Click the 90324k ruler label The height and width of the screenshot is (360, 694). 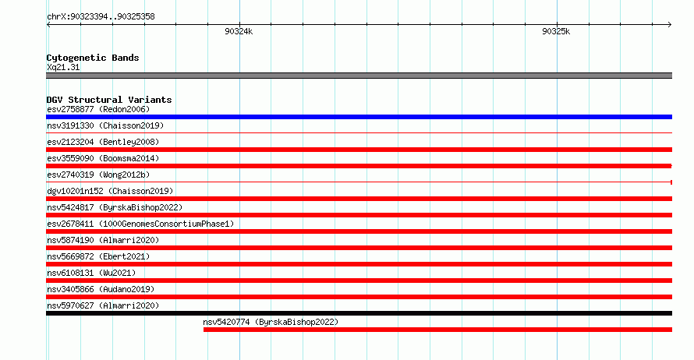239,31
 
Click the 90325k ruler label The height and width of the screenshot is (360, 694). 556,31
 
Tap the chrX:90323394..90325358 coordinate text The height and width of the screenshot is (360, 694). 101,17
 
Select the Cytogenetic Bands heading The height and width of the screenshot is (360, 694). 93,58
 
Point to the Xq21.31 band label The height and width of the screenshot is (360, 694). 63,67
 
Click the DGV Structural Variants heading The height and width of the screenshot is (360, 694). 109,100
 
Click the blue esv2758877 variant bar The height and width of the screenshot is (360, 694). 359,117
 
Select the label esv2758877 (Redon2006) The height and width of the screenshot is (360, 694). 98,109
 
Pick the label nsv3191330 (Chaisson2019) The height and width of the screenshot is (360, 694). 105,125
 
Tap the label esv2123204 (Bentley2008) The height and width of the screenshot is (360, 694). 103,142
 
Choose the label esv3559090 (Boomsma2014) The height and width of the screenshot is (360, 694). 103,158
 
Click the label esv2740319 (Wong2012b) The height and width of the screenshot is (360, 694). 98,175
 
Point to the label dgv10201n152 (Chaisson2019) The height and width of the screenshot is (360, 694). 110,191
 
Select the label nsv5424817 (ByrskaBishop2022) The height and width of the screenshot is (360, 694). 115,207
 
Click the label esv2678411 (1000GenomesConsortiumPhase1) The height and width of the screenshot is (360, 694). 140,224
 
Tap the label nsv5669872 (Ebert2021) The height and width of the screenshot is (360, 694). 98,256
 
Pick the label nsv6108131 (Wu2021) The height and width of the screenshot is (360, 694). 91,273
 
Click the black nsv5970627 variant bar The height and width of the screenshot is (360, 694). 359,313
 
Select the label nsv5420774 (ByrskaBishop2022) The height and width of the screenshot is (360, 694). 271,322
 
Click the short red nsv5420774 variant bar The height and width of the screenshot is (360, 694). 437,330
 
